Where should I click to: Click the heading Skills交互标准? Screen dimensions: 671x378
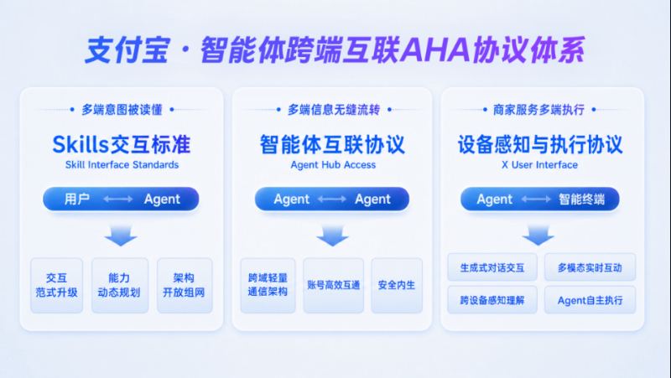click(x=122, y=144)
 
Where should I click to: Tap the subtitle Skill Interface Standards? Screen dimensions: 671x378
click(x=122, y=165)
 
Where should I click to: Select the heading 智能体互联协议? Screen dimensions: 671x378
click(x=332, y=144)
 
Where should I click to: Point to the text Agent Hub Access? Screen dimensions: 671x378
click(x=333, y=165)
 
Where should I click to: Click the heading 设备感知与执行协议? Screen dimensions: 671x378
click(x=540, y=144)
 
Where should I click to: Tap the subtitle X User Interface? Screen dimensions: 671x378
click(x=539, y=165)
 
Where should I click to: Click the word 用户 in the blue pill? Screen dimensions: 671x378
click(x=77, y=199)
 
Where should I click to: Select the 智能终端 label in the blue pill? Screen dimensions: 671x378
click(x=581, y=199)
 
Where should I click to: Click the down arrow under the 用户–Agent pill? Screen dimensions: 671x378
click(x=121, y=236)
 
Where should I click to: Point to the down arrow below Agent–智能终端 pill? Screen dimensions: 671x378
click(x=538, y=236)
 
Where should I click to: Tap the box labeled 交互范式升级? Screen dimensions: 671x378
click(x=56, y=285)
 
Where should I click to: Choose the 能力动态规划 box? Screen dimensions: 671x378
click(x=120, y=285)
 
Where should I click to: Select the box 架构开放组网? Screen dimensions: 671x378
click(x=185, y=285)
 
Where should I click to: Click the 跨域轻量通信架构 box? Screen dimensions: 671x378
click(x=268, y=285)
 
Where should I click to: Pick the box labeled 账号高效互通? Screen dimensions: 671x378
click(x=333, y=285)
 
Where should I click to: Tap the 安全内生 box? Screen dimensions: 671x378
click(x=397, y=285)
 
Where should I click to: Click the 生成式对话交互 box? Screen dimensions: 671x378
click(x=492, y=267)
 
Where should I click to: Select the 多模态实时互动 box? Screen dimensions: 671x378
click(x=590, y=267)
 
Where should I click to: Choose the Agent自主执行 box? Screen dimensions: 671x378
click(x=590, y=300)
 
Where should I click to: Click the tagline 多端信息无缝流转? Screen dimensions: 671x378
click(x=334, y=110)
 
